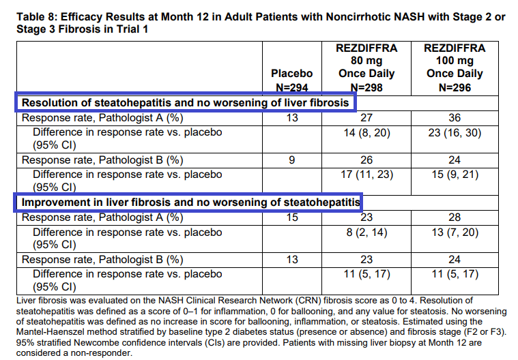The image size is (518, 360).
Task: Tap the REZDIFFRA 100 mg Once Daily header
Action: [x=455, y=67]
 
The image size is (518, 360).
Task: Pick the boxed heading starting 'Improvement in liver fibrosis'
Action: [x=190, y=202]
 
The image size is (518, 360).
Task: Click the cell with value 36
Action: [x=455, y=117]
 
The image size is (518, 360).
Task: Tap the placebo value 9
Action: [x=291, y=160]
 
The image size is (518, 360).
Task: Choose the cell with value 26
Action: [x=367, y=160]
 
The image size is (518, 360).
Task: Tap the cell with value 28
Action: [x=455, y=217]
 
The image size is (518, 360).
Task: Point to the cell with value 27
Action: [x=367, y=117]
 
